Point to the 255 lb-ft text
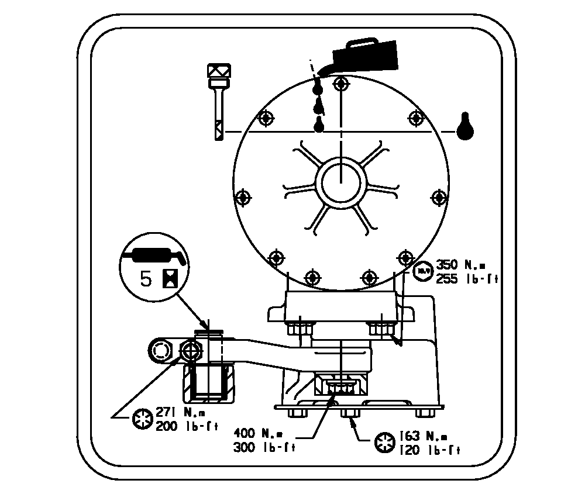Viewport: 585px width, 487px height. coord(466,279)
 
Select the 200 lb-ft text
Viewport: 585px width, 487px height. coord(187,426)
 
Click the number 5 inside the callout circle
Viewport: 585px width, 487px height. coord(146,278)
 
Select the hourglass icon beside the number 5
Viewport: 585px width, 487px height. coord(168,278)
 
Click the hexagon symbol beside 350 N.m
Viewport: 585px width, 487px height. coord(422,271)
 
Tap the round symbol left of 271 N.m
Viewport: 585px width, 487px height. coord(142,420)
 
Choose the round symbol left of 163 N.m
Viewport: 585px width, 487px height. coord(384,443)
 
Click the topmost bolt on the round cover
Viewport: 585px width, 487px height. coord(340,84)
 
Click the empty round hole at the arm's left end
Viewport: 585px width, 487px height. coord(160,351)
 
